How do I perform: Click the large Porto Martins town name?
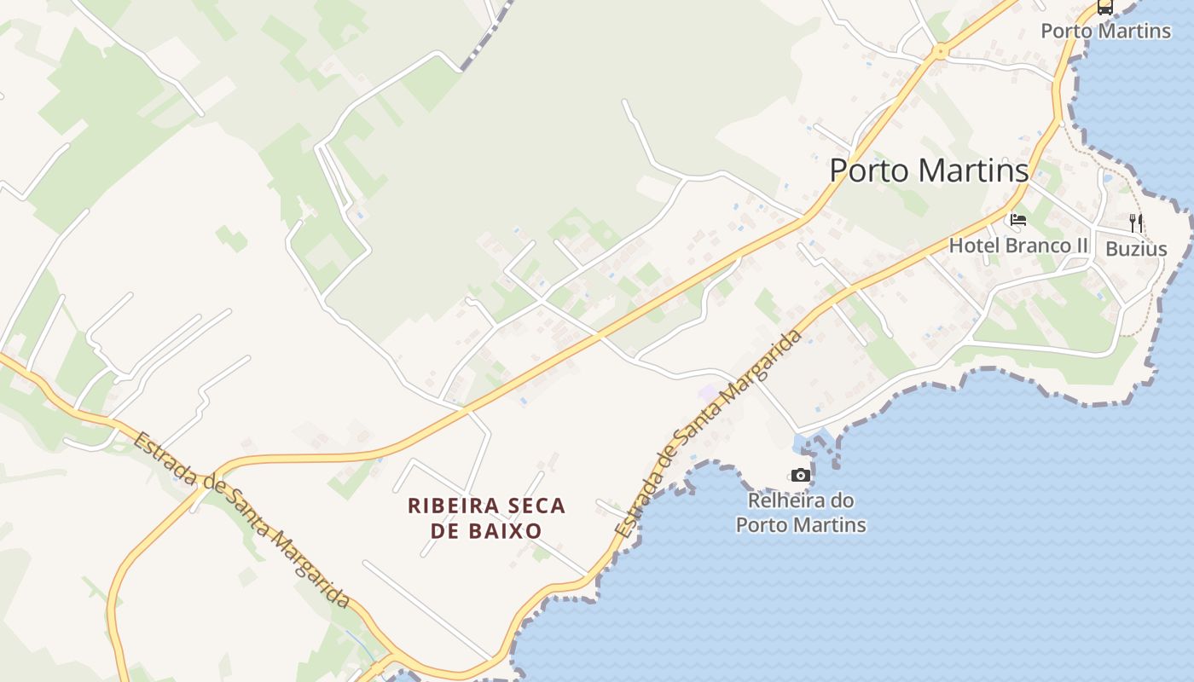pos(929,170)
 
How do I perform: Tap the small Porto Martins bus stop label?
pos(1105,31)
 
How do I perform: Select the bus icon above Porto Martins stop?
pos(1105,8)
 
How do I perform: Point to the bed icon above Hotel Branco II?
pos(1018,220)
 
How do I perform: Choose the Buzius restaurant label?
pos(1136,249)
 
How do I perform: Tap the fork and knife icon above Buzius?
pos(1136,223)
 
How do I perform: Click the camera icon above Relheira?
pos(800,476)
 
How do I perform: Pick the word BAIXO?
pos(510,531)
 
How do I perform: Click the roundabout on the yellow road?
pos(940,52)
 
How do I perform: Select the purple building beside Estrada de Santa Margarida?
pos(707,392)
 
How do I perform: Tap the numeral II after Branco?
pos(1081,246)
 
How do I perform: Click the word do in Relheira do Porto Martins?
pos(843,500)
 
